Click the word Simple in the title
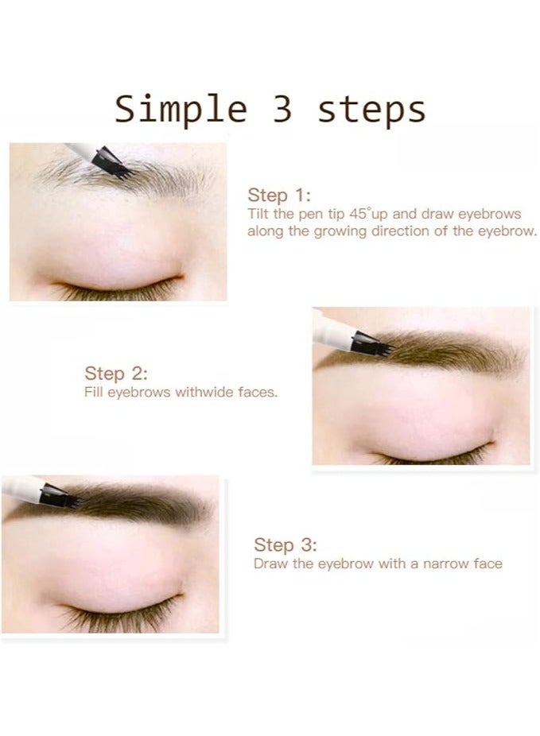181,110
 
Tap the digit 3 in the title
282,109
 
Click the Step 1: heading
279,196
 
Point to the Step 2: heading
116,374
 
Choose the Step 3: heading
286,545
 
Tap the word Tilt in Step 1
258,214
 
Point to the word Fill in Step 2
93,393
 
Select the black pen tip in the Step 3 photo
60,496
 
